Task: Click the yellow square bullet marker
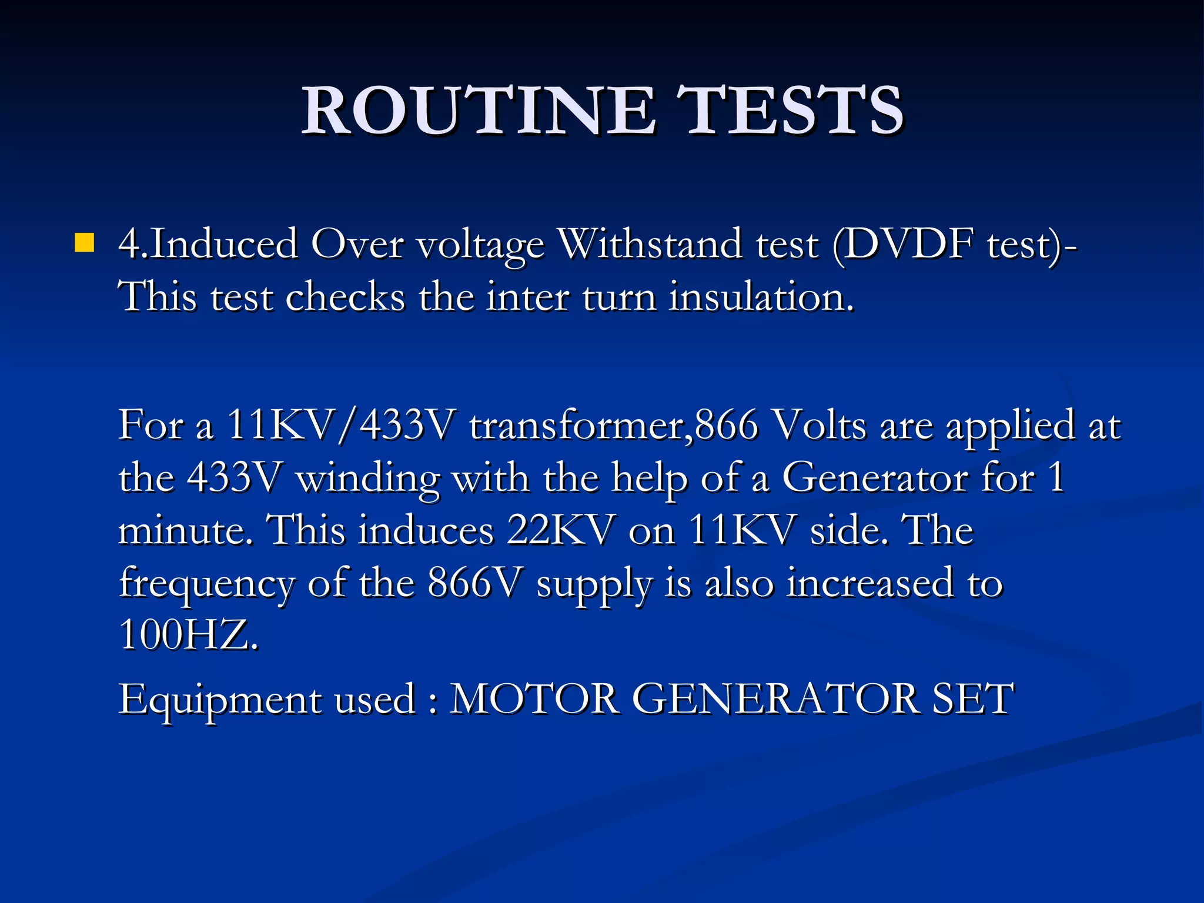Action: click(85, 243)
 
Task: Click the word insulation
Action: click(761, 296)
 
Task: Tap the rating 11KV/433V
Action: click(342, 424)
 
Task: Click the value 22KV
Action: click(561, 530)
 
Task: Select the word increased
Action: click(870, 583)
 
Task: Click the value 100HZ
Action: click(188, 635)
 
